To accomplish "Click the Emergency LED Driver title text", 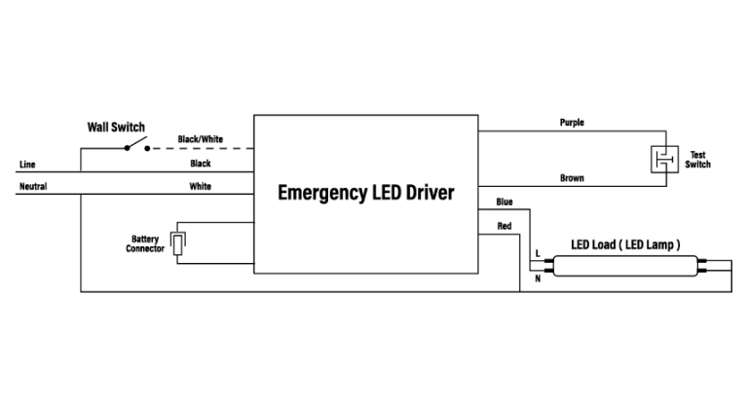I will [366, 192].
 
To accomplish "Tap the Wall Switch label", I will [116, 128].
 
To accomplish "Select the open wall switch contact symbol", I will [136, 146].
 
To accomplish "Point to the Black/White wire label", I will [201, 139].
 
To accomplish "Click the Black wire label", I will [201, 164].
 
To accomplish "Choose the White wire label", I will [201, 186].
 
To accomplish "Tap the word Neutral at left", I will [33, 186].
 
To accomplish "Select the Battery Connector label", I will [145, 243].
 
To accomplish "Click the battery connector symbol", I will [178, 242].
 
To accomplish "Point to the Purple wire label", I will [572, 124].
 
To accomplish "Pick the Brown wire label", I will [572, 178].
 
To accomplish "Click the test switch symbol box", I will [661, 160].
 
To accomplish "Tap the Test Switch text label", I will [697, 160].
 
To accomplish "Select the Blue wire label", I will [505, 202].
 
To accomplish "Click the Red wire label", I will [505, 226].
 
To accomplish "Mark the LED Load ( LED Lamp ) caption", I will [624, 244].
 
